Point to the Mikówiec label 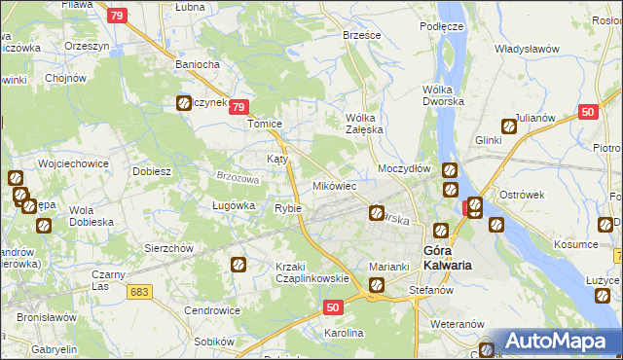click(x=334, y=185)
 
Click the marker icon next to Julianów click(x=508, y=126)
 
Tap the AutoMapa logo click(x=552, y=341)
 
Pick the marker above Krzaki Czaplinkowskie click(x=238, y=263)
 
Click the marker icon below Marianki click(x=377, y=285)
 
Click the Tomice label click(x=265, y=125)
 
